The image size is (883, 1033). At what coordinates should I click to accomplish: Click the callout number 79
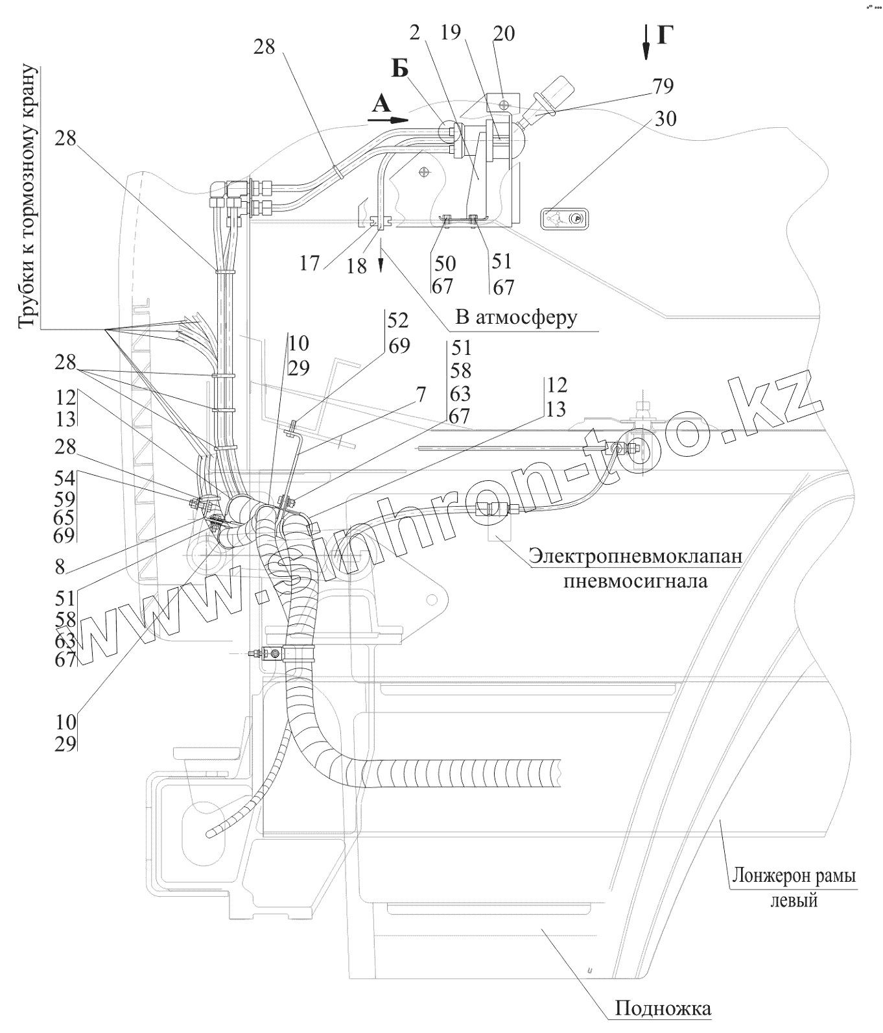pyautogui.click(x=663, y=86)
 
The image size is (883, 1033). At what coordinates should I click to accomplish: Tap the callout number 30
pyautogui.click(x=666, y=119)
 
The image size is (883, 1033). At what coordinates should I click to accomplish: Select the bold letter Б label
pyautogui.click(x=400, y=67)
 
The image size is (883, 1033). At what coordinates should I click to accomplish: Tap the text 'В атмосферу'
pyautogui.click(x=515, y=317)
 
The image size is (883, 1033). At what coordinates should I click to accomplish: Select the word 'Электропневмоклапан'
pyautogui.click(x=635, y=557)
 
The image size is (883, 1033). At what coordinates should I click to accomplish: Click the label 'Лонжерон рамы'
pyautogui.click(x=794, y=876)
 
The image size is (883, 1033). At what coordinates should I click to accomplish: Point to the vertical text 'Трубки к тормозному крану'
pyautogui.click(x=29, y=196)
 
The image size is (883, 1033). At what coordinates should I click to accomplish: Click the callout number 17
pyautogui.click(x=309, y=263)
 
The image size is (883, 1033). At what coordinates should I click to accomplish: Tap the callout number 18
pyautogui.click(x=357, y=266)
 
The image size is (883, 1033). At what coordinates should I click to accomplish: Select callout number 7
pyautogui.click(x=421, y=394)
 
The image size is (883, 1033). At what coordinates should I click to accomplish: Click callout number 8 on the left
pyautogui.click(x=60, y=567)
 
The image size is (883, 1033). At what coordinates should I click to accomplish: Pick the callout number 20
pyautogui.click(x=503, y=34)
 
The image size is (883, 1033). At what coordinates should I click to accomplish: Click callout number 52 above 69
pyautogui.click(x=398, y=321)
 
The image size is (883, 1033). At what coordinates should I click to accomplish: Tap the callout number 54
pyautogui.click(x=65, y=480)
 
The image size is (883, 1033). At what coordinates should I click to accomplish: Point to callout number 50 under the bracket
pyautogui.click(x=445, y=263)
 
